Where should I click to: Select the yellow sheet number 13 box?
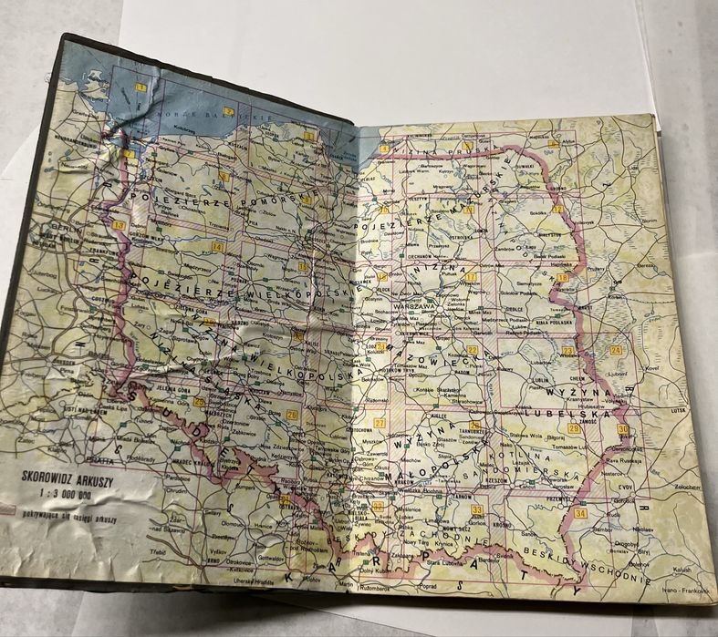120,224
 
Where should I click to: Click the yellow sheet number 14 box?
217,246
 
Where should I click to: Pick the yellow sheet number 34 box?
581,513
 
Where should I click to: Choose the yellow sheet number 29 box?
574,427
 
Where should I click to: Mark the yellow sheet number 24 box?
616,350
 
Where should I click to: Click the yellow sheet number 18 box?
563,278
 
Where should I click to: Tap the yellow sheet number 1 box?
140,87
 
